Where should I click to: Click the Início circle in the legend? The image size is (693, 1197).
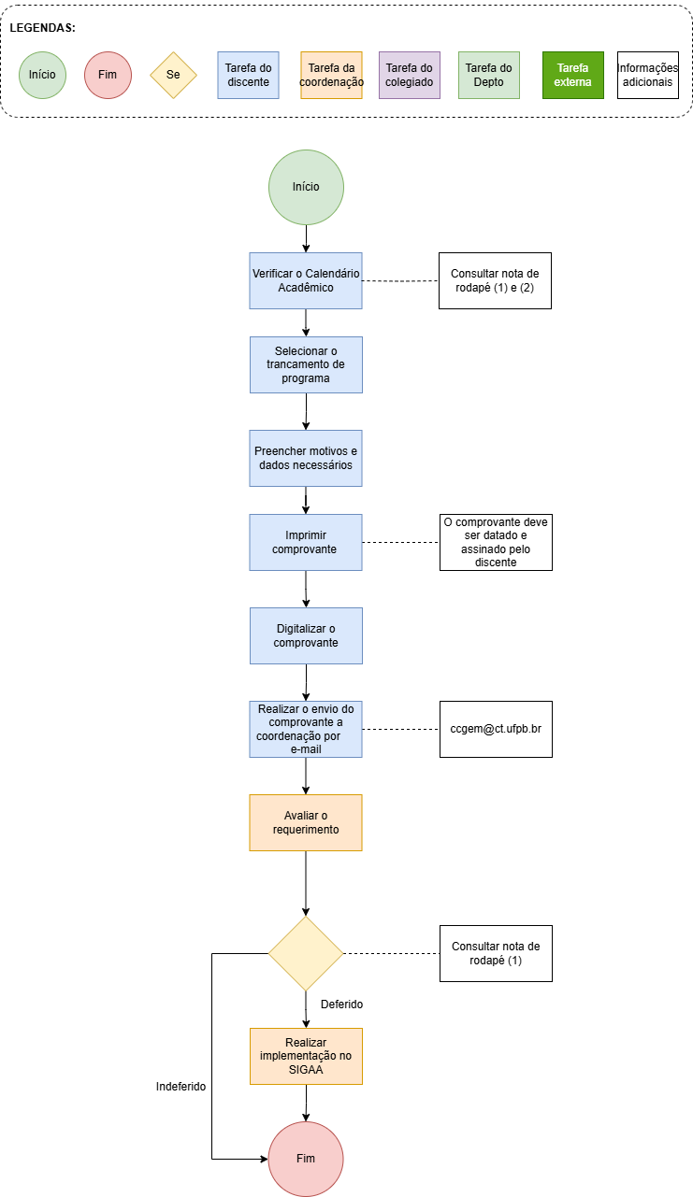(x=42, y=75)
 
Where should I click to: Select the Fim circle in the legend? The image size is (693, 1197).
(x=108, y=75)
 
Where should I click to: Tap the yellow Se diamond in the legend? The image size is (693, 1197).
(x=173, y=75)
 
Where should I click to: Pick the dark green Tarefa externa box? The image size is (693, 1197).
(x=572, y=75)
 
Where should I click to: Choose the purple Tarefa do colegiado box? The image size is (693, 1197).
(x=409, y=75)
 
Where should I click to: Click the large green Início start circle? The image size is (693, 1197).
(x=306, y=187)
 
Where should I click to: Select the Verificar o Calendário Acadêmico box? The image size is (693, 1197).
(x=306, y=280)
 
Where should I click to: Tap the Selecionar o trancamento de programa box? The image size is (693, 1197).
(x=306, y=364)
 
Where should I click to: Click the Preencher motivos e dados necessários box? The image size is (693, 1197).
(x=306, y=458)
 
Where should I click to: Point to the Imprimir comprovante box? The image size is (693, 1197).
(x=306, y=542)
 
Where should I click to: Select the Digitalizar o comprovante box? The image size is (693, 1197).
(x=306, y=635)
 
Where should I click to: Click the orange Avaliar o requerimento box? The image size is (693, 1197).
(x=306, y=822)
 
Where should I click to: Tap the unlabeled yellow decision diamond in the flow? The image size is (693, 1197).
(x=306, y=953)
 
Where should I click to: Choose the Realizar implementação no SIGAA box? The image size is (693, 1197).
(x=306, y=1056)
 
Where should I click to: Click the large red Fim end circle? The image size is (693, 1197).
(x=306, y=1159)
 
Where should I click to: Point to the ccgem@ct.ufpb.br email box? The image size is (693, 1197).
(x=496, y=729)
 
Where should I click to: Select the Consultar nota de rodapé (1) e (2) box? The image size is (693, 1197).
(x=495, y=280)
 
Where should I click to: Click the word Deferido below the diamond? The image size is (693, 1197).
(x=341, y=1005)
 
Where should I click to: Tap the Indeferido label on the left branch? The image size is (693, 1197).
(x=180, y=1087)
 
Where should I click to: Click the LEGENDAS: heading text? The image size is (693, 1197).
(x=43, y=28)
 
